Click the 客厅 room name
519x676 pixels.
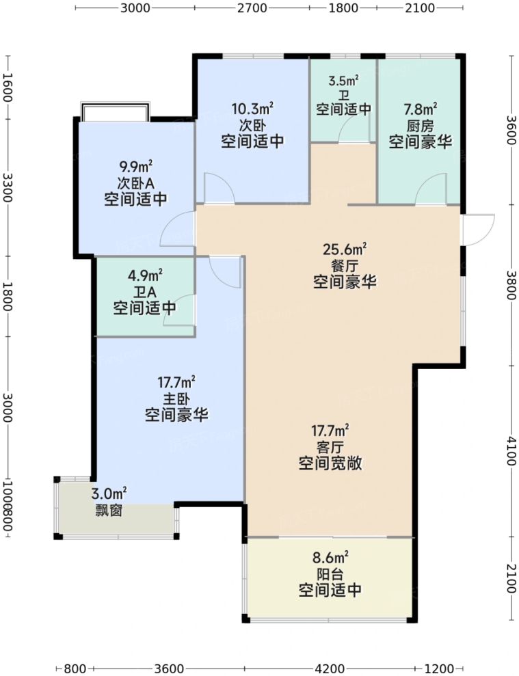click(330, 447)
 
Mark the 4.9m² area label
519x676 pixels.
click(144, 276)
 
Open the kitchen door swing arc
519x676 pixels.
click(429, 189)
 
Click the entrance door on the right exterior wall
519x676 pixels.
click(479, 229)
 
